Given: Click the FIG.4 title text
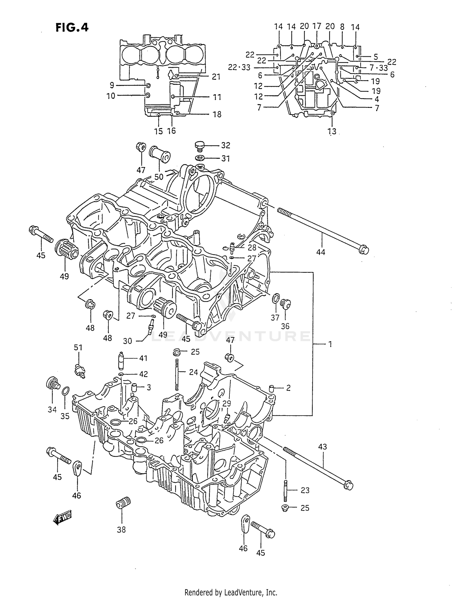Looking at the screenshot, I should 72,27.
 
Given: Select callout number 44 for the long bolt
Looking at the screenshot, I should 321,252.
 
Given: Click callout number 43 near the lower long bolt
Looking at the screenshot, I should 322,446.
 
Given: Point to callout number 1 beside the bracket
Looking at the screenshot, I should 330,344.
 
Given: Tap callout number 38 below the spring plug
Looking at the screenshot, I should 121,530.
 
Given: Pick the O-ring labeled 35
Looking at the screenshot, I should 65,391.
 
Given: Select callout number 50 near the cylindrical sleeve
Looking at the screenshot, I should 159,177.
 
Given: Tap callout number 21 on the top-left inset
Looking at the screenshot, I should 216,76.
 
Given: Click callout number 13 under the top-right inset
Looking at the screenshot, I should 332,132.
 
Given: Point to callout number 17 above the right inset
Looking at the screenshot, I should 317,26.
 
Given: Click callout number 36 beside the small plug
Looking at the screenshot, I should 285,326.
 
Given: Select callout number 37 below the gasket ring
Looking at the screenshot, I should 275,317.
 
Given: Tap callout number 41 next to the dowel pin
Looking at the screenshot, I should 143,358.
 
